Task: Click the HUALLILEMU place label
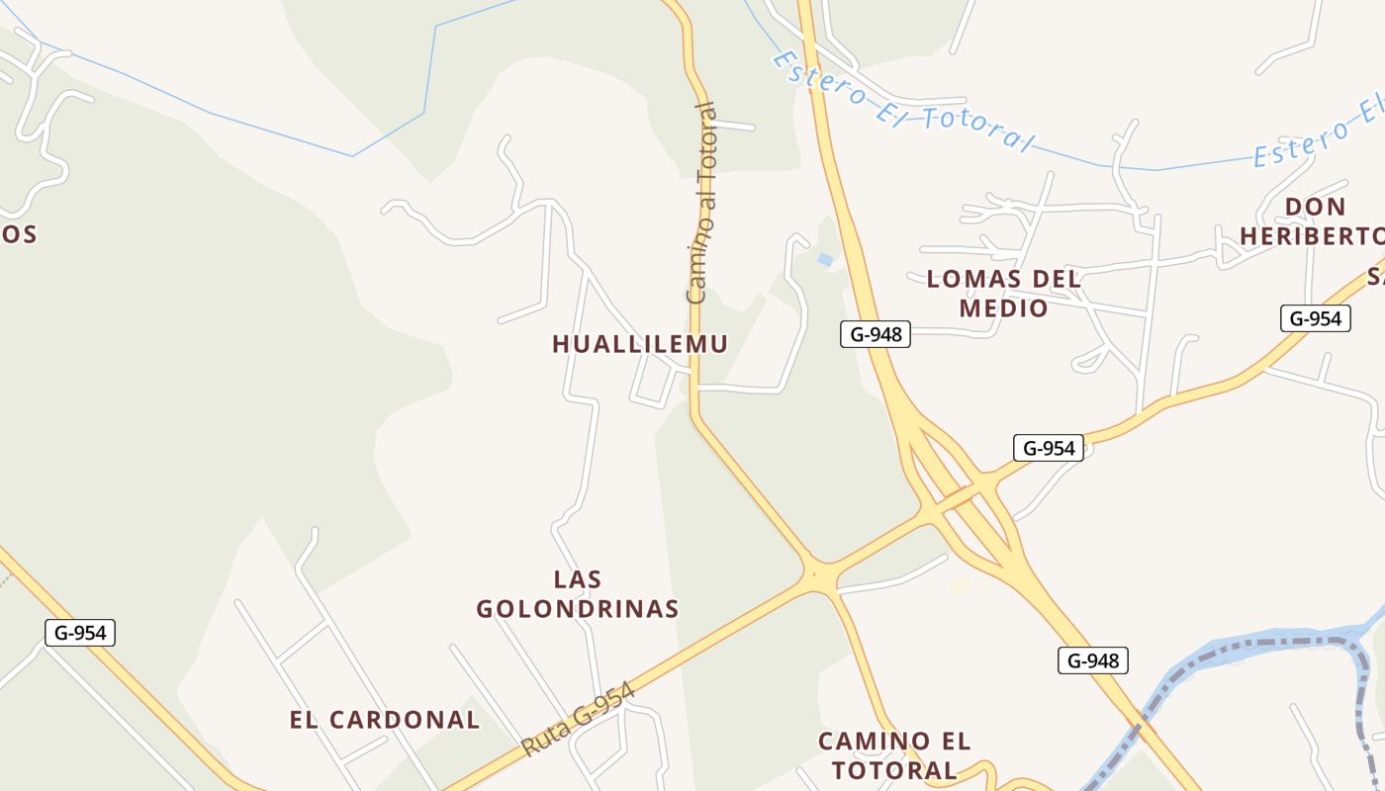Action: click(640, 344)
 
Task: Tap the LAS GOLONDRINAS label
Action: click(578, 594)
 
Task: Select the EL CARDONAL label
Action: click(385, 720)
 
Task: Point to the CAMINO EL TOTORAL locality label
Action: click(894, 755)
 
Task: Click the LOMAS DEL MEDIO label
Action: click(1004, 294)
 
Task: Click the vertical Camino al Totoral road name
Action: click(701, 203)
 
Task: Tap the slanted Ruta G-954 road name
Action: click(578, 721)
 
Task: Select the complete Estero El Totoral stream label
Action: click(902, 102)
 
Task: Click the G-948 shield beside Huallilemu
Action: click(876, 334)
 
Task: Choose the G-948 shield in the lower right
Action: click(1093, 660)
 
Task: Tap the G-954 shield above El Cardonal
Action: click(80, 633)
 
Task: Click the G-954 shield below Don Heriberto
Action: click(1315, 318)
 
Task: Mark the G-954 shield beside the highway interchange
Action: click(1049, 448)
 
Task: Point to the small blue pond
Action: click(825, 260)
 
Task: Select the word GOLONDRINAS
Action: click(578, 609)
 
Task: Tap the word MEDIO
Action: click(1004, 308)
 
